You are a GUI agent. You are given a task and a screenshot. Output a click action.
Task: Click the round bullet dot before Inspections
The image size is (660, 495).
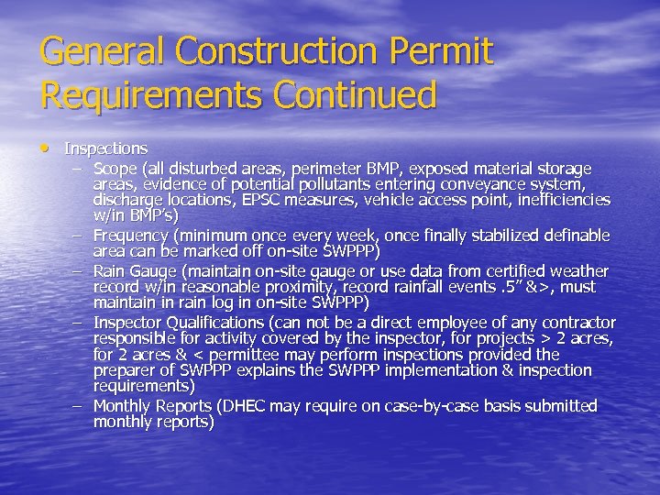[x=47, y=147]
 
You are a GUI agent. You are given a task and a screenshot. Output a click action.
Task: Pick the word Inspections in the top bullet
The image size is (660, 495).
[x=105, y=148]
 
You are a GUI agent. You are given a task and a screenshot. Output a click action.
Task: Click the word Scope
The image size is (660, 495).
[x=115, y=169]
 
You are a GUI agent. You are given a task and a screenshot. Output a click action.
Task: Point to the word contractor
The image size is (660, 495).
[x=578, y=323]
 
